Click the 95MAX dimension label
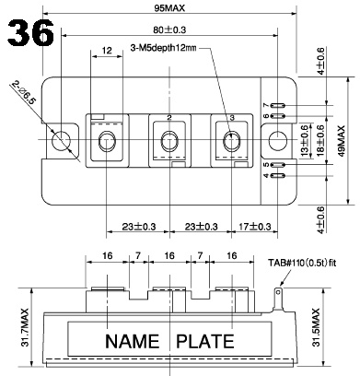169,8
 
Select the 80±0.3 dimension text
169,29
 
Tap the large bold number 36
30,33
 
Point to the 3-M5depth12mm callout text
163,48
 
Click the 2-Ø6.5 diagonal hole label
24,93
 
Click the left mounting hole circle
61,141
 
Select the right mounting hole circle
278,141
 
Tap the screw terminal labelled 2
169,141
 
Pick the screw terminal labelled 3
231,141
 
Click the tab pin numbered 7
278,106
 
